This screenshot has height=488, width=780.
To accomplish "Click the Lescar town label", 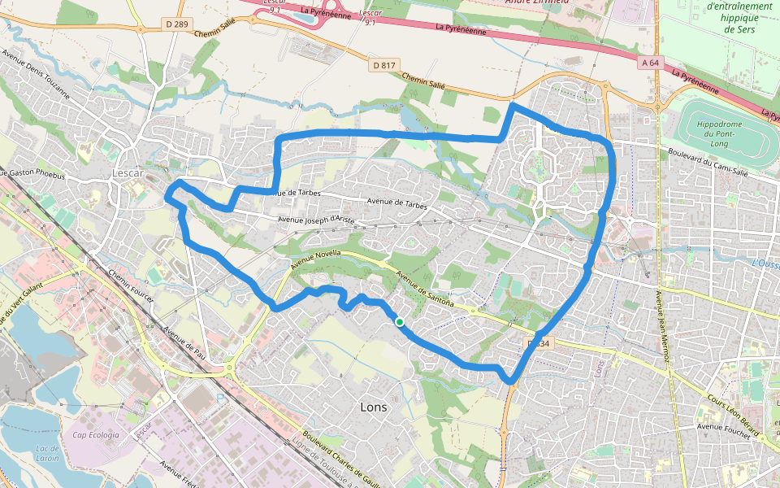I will pos(128,173).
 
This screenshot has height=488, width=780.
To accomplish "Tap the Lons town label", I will pos(373,407).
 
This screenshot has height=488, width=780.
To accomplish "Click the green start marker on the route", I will pos(400,322).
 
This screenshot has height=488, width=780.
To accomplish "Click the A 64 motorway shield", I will pos(648,63).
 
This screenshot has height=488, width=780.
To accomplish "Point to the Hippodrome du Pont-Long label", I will pos(716,133).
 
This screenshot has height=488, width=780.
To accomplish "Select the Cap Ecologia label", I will pos(96,435).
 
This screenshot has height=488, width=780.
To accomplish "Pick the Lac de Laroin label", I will pos(48,453).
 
